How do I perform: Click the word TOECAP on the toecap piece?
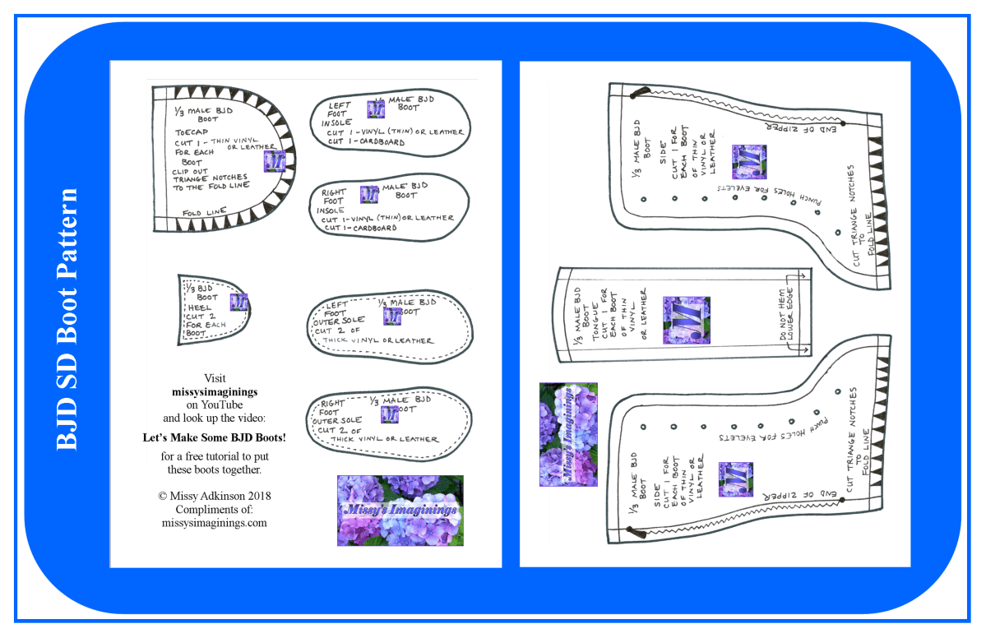[190, 132]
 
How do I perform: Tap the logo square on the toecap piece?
[274, 161]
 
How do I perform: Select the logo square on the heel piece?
[239, 302]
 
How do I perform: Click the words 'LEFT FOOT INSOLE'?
[338, 114]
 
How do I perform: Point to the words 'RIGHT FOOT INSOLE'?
[333, 200]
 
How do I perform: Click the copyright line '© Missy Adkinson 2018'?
[214, 497]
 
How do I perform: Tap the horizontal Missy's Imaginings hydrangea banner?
[400, 510]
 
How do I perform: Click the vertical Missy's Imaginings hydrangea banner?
[568, 434]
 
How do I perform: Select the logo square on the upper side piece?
[749, 162]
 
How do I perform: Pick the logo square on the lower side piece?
[735, 479]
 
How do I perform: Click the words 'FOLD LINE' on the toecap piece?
[204, 212]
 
